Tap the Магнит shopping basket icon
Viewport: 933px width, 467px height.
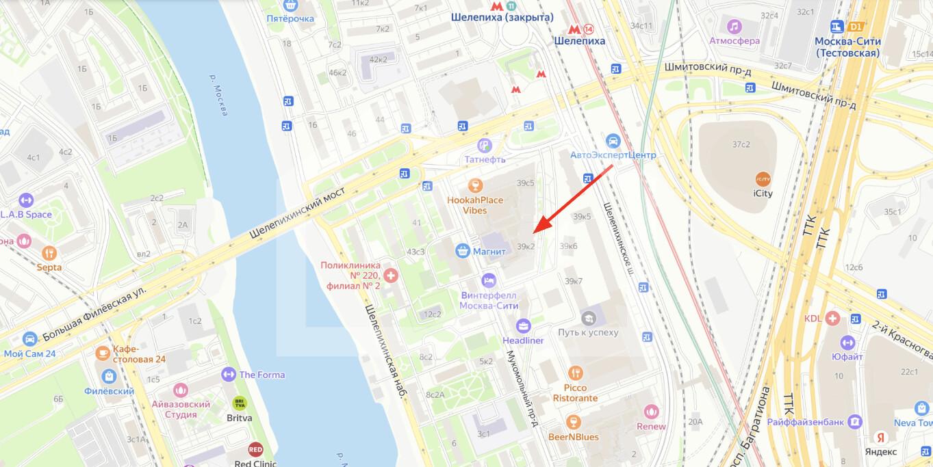(x=463, y=251)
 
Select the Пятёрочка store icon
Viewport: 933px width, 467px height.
(x=291, y=5)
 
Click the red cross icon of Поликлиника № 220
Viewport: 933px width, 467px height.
(x=391, y=275)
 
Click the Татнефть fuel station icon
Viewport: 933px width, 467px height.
(x=485, y=145)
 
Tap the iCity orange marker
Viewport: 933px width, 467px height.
(x=763, y=178)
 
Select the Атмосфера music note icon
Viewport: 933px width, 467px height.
(x=734, y=27)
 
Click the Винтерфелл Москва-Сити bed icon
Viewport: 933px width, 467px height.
(x=489, y=280)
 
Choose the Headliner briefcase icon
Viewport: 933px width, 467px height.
(x=524, y=325)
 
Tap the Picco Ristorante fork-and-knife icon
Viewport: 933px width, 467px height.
(x=575, y=373)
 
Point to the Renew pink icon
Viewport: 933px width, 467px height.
(x=651, y=412)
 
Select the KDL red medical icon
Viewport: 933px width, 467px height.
(x=832, y=318)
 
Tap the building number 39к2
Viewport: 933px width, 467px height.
(x=526, y=246)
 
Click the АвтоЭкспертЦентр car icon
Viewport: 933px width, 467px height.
(x=613, y=140)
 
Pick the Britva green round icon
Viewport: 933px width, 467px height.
(x=239, y=403)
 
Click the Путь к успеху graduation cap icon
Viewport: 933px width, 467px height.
(x=589, y=318)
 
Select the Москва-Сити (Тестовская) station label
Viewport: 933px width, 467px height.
(x=847, y=46)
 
